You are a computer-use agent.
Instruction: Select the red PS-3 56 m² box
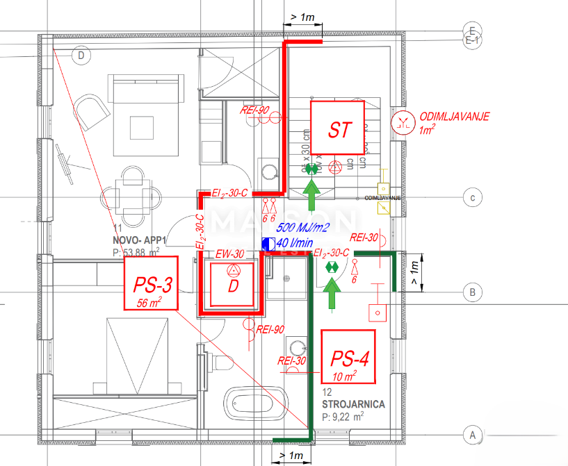point(151,283)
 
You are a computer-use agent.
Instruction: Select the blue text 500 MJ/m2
point(303,228)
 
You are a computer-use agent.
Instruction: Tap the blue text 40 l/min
point(294,243)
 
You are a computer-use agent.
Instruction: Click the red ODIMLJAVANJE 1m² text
point(453,122)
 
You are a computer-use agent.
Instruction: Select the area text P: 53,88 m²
point(136,251)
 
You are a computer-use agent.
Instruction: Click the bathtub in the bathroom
point(254,405)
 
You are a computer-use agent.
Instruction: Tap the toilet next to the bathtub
point(222,363)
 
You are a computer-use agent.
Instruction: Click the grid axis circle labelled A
point(472,435)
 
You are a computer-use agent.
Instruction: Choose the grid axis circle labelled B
point(472,293)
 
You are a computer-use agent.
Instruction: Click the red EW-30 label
point(229,254)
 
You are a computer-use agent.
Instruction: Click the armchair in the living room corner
point(90,111)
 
